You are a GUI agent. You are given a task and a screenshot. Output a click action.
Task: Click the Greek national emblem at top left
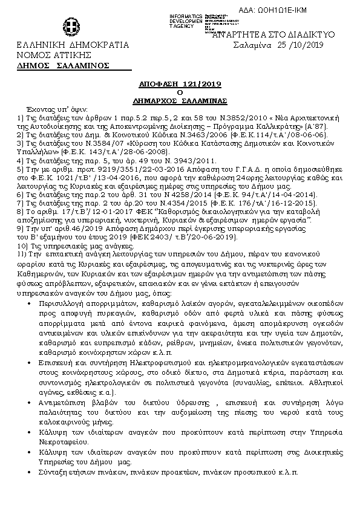(69, 27)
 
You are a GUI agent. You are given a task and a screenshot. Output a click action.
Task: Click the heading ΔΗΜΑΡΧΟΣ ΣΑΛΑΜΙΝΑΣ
(180, 100)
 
